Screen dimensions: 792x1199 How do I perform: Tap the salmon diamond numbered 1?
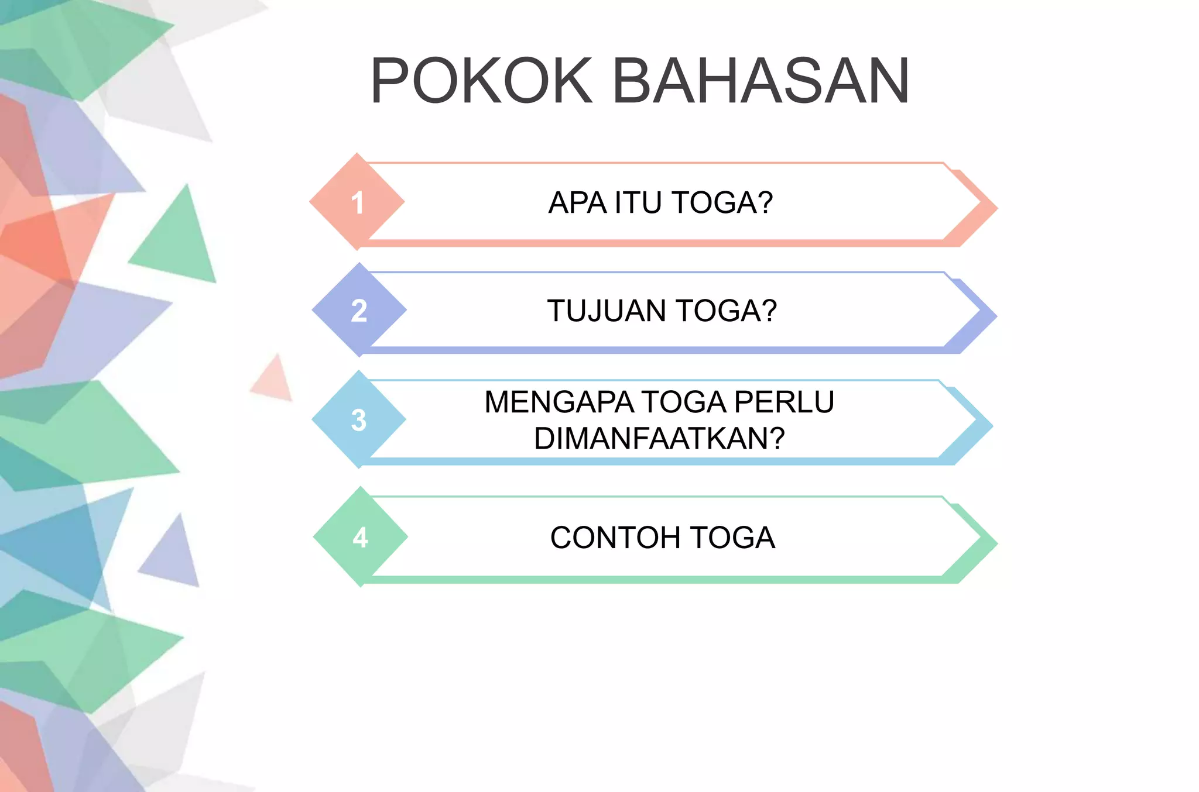tap(357, 202)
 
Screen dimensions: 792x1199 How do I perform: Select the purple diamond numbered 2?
tap(359, 310)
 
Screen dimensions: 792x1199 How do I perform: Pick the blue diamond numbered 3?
tap(359, 419)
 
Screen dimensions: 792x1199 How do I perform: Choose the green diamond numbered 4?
tap(360, 537)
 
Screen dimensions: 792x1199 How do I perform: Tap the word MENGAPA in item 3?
tap(559, 402)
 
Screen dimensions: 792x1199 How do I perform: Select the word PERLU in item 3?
tap(784, 402)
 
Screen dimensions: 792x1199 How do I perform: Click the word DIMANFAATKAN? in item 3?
tap(659, 438)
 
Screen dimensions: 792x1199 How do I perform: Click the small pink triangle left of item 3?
tap(274, 380)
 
